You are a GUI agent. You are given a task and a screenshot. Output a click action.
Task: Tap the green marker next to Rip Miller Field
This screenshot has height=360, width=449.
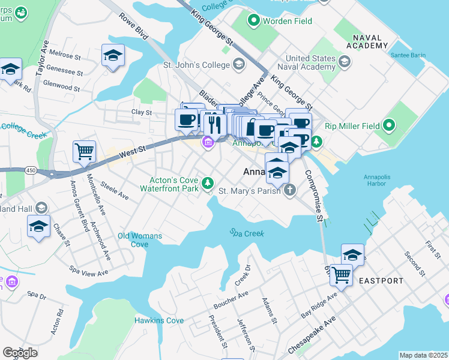(x=389, y=126)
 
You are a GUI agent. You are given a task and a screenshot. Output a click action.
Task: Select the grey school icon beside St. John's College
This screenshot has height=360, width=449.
(x=239, y=64)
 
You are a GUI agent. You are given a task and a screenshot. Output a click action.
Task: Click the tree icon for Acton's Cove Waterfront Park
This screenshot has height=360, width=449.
(x=208, y=182)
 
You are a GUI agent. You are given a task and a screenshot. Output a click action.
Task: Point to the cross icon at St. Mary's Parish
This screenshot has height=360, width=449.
(x=290, y=191)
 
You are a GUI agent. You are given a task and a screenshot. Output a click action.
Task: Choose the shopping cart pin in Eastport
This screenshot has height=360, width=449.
(x=341, y=275)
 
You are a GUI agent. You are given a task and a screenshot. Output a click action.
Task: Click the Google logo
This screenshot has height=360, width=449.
(x=20, y=353)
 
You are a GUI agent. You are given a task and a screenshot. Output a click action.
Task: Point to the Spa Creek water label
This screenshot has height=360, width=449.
(x=246, y=233)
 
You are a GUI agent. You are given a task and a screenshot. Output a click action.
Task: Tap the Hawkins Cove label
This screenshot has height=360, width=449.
(x=158, y=321)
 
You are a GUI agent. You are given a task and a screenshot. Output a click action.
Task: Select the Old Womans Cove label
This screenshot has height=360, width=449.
(x=140, y=240)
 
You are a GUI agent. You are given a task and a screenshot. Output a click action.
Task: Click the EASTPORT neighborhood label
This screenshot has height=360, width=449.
(x=381, y=281)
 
